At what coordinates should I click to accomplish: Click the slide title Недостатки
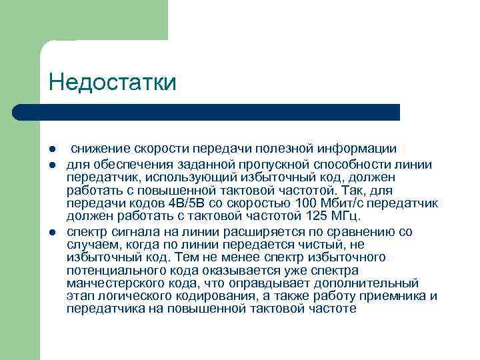click(x=112, y=83)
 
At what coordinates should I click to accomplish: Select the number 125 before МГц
click(x=315, y=217)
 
